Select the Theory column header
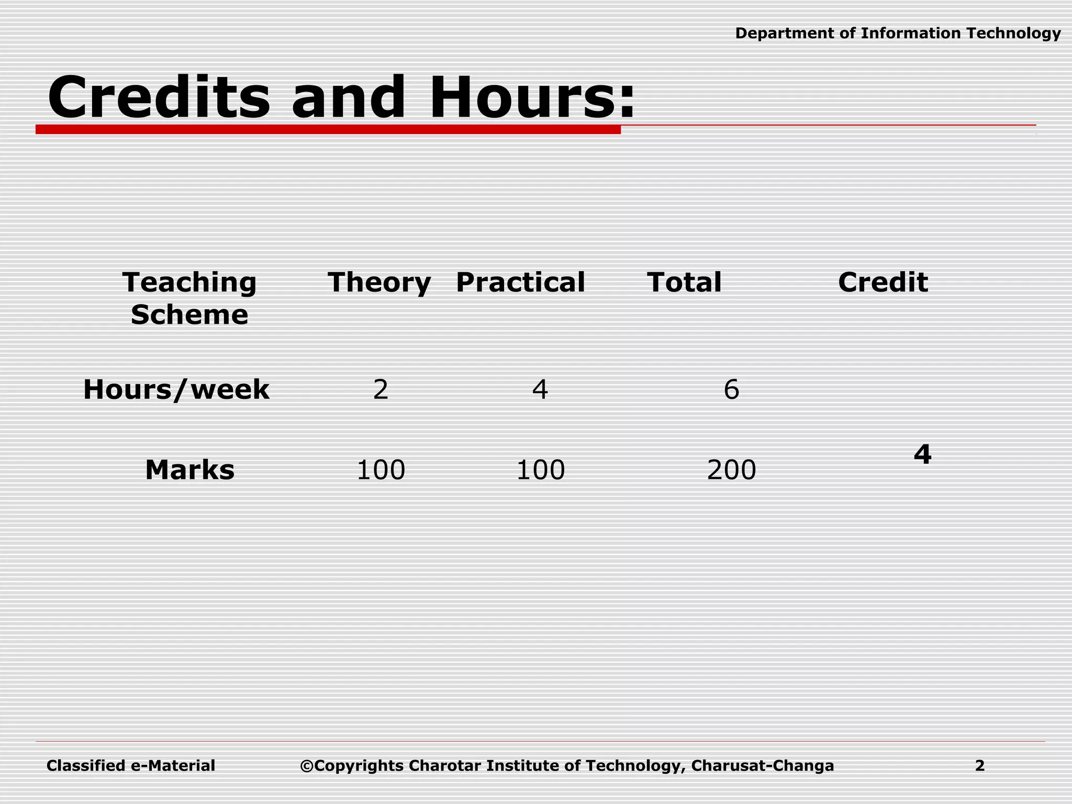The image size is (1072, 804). (379, 283)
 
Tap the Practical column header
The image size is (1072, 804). (520, 283)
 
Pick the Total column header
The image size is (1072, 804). (684, 283)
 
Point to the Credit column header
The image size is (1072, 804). (883, 283)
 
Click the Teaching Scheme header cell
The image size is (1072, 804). (189, 298)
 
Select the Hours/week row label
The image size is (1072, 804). (176, 390)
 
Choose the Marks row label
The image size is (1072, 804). (189, 470)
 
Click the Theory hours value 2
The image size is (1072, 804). (381, 390)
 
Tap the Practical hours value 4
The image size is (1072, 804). (540, 390)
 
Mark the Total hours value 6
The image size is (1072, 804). (731, 390)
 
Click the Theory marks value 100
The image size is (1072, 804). (381, 470)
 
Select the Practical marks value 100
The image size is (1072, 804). (540, 470)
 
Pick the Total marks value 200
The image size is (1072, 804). (731, 470)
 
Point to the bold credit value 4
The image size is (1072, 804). (922, 454)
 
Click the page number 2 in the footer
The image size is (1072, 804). (980, 766)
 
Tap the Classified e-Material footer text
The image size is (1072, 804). (131, 766)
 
